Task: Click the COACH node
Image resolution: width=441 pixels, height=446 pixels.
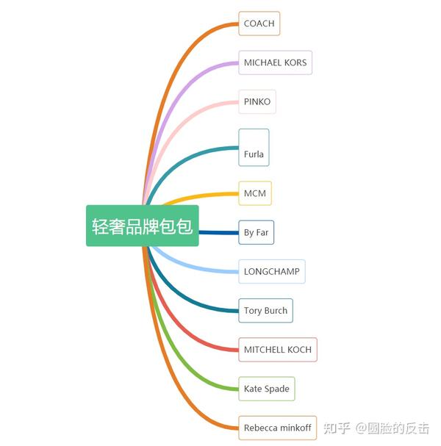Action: point(259,24)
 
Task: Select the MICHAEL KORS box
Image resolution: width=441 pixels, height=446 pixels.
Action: point(275,62)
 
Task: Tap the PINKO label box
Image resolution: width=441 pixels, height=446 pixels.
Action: point(257,101)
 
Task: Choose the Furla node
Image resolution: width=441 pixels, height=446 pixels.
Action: point(254,148)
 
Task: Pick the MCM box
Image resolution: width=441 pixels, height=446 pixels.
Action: point(255,193)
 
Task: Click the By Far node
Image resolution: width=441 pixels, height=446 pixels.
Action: point(256,232)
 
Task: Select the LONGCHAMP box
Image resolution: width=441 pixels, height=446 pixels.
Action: point(272,271)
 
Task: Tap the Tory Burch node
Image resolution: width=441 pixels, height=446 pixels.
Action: point(265,310)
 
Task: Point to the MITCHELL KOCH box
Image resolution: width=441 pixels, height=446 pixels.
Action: point(278,350)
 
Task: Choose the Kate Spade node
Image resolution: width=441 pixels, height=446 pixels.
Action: point(267,389)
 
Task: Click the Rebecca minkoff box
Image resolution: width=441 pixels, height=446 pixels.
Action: point(277,428)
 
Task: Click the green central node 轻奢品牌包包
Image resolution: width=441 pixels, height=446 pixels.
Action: point(143,226)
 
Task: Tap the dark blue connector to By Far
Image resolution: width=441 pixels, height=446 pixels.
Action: point(218,232)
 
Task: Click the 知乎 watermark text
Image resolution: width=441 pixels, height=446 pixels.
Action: point(337,428)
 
